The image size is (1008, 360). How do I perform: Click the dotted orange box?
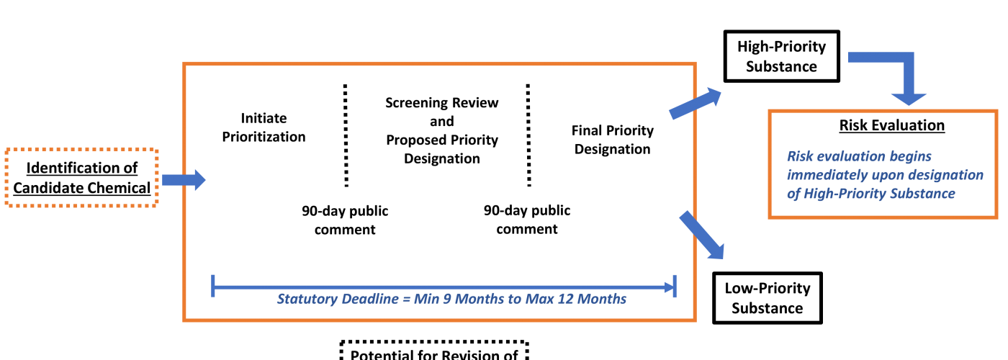pos(81,177)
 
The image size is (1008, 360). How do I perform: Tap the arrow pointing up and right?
pos(696,103)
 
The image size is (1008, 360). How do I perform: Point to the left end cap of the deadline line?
pos(213,285)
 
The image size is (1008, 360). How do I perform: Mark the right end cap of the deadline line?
pos(675,285)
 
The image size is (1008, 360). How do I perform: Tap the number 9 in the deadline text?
pos(447,299)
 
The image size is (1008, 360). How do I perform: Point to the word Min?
pos(426,299)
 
